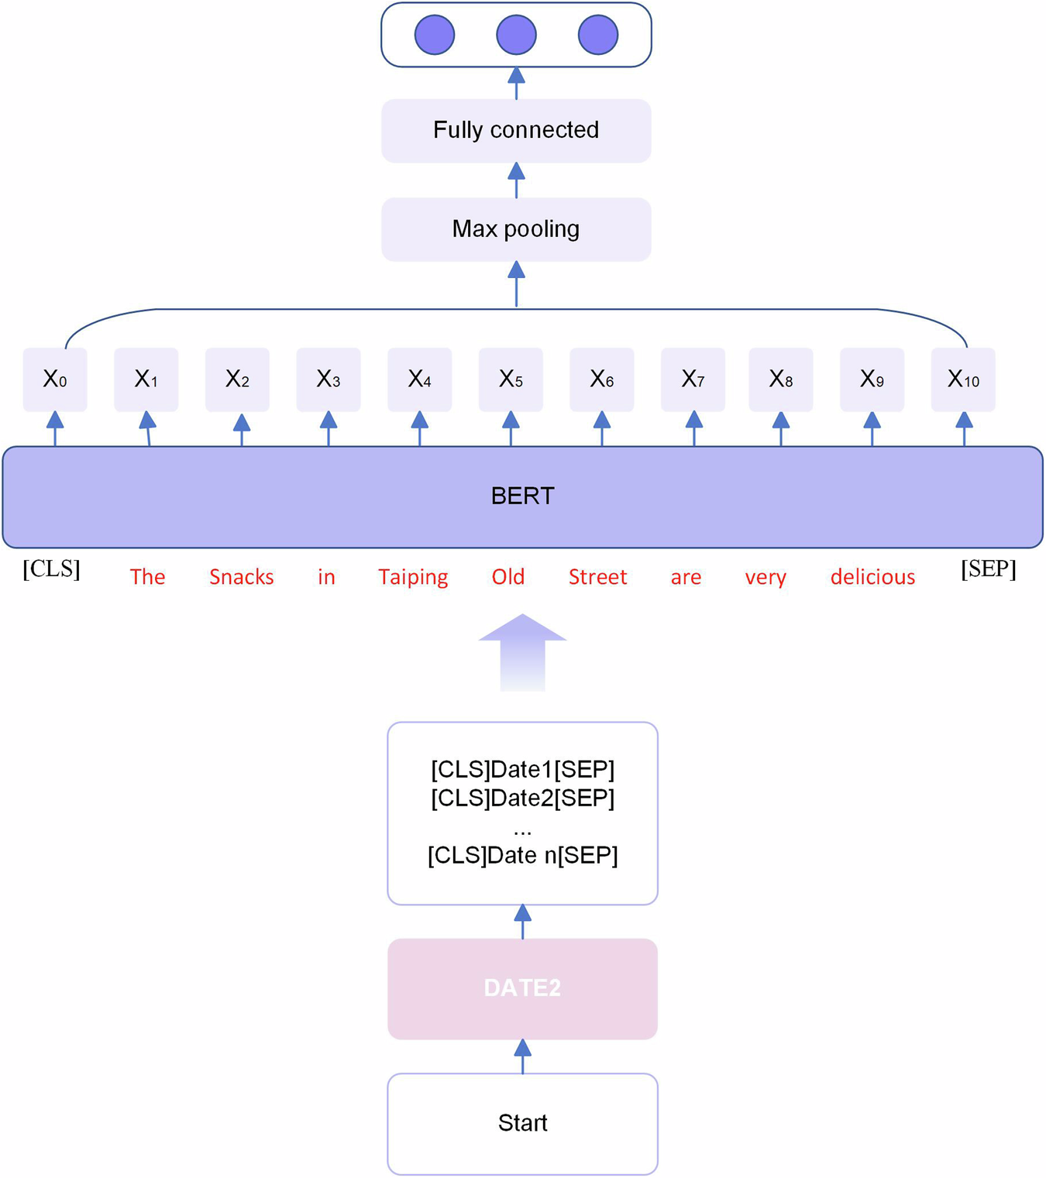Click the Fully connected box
coord(516,130)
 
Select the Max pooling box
coord(516,229)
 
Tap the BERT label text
coord(522,496)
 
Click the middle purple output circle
coord(516,35)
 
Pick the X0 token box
coord(55,380)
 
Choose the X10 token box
coord(963,380)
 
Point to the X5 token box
coord(511,380)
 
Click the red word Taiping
coord(413,577)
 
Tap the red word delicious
coord(872,577)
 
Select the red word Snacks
coord(241,577)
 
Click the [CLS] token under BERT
coord(51,569)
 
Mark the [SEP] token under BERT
coord(988,569)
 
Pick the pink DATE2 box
coord(522,988)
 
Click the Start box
coord(522,1123)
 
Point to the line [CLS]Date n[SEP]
coord(522,856)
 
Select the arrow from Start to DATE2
coord(522,1056)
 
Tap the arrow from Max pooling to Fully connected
coord(516,180)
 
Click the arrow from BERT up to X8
coord(781,428)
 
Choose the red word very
coord(766,577)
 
